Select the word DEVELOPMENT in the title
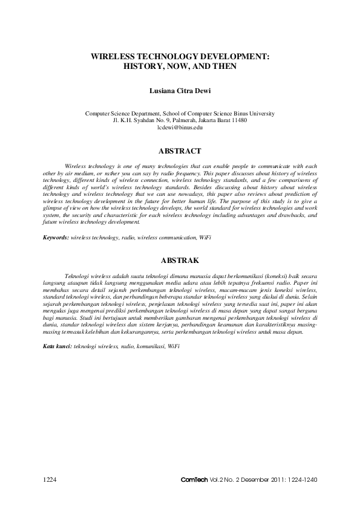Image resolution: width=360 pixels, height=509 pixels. click(233, 55)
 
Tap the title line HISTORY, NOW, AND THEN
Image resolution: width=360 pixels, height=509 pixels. click(180, 65)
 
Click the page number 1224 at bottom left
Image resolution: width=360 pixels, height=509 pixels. click(49, 479)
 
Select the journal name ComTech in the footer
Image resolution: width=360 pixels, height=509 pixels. click(195, 479)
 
